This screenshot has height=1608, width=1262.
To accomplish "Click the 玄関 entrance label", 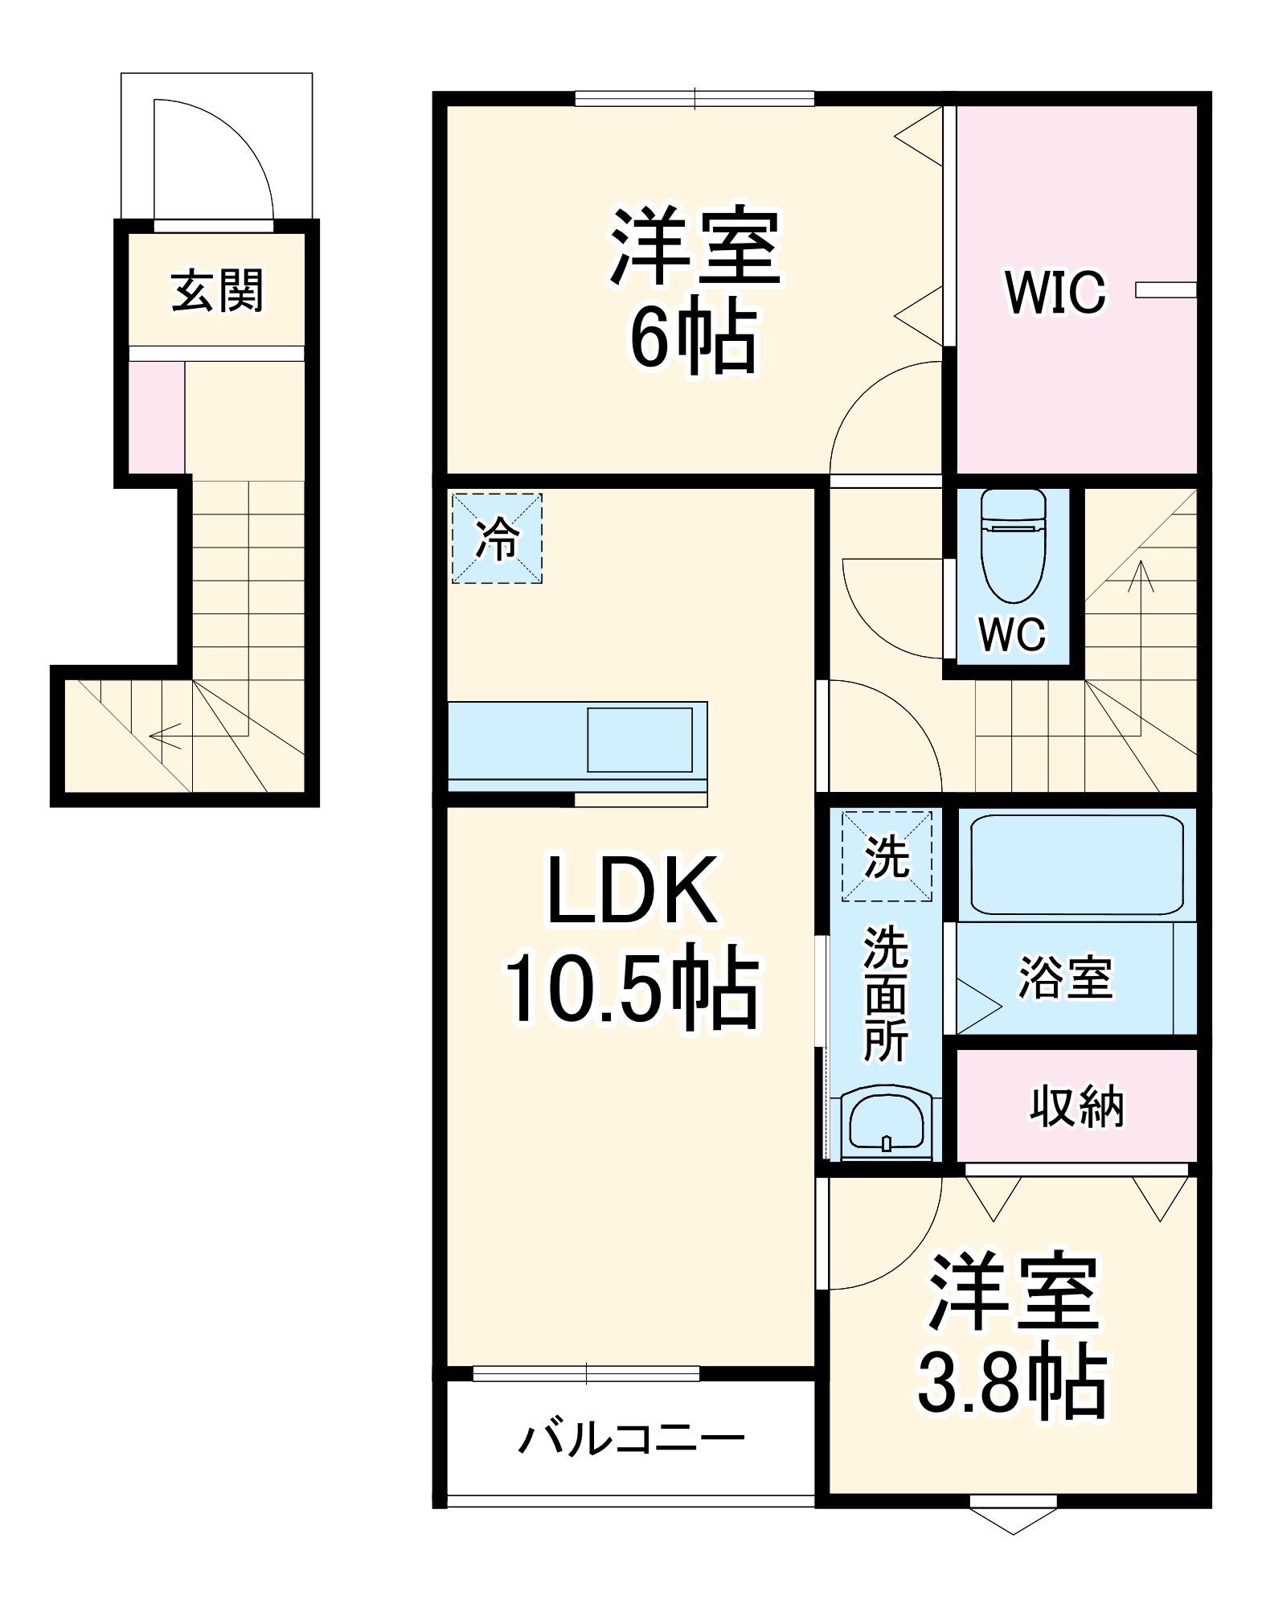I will coord(217,291).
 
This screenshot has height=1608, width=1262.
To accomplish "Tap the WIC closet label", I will coord(1055,293).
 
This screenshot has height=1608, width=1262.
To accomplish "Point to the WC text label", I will coord(1012,634).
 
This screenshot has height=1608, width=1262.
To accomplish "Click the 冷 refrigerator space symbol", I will coord(497,538).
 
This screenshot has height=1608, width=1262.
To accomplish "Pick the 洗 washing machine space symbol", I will coord(887,856).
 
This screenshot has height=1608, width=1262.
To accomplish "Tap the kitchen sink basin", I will coord(640,740).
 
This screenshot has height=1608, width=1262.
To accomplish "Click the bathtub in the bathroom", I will coord(1076,864).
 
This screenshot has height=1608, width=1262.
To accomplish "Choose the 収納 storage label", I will coord(1076,1106).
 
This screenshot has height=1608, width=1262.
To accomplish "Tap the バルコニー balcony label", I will coord(632,1439).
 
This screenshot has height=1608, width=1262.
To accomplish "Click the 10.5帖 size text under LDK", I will coord(632,990).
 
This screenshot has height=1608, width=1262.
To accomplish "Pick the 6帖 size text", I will coord(693,338).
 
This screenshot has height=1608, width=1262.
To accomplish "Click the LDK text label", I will coord(632,891).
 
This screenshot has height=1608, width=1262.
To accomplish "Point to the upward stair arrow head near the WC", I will coord(1140,572).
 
